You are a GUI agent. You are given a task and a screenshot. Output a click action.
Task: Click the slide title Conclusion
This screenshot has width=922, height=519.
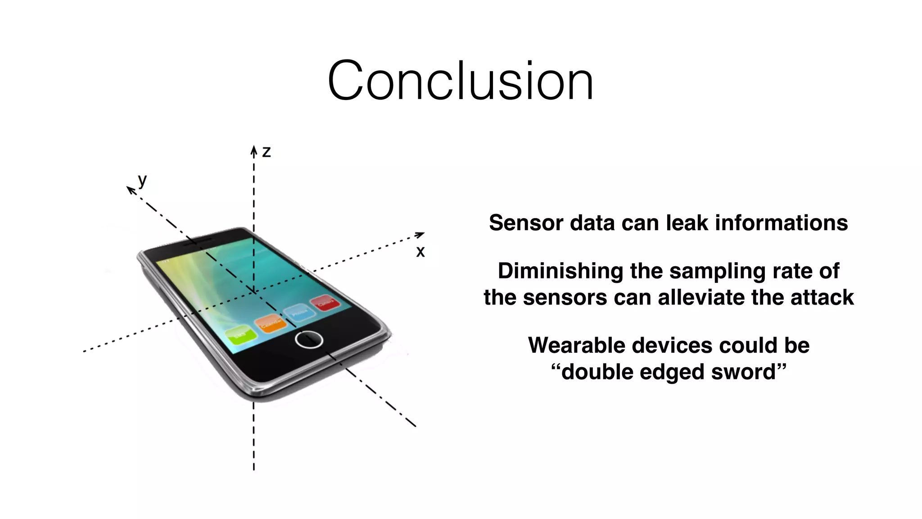(460, 81)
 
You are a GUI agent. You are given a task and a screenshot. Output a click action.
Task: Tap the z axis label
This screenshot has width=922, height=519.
(267, 152)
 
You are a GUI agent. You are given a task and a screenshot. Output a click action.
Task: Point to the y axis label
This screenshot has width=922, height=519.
(142, 180)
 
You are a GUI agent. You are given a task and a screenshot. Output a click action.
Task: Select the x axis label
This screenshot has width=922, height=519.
(420, 251)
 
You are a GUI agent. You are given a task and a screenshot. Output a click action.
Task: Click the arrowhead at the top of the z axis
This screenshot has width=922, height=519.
(254, 150)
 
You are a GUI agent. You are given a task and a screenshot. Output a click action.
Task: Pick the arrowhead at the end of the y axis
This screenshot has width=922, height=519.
(130, 190)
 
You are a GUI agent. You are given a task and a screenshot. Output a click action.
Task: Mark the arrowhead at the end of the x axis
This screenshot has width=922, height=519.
(420, 234)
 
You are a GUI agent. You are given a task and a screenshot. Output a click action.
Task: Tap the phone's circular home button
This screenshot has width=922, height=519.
(309, 339)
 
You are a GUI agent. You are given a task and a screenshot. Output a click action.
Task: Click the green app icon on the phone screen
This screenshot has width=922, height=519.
(240, 335)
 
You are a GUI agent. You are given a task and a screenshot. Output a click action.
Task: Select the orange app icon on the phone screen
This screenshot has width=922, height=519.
(271, 323)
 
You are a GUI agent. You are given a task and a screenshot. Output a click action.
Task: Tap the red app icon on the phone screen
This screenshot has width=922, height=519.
(325, 302)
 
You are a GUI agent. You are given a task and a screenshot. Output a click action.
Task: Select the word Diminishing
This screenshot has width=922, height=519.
(560, 271)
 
